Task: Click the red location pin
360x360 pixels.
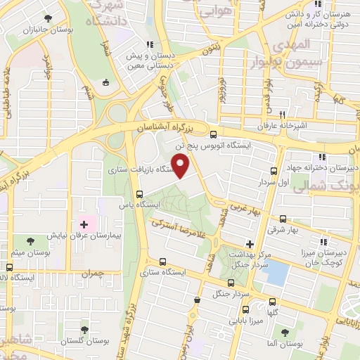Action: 181,166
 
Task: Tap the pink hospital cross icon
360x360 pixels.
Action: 84,224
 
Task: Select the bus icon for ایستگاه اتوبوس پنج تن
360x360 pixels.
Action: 214,134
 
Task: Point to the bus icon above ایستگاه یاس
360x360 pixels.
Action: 139,194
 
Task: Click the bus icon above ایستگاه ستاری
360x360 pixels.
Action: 163,261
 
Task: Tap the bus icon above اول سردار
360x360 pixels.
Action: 274,172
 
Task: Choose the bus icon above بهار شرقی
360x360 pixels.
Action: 283,219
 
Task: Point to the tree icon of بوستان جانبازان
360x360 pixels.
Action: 47,19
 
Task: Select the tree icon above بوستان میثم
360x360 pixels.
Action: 29,241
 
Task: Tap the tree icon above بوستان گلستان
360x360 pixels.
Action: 84,328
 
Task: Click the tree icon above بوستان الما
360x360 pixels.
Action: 285,332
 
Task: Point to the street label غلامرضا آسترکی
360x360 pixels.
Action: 179,233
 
